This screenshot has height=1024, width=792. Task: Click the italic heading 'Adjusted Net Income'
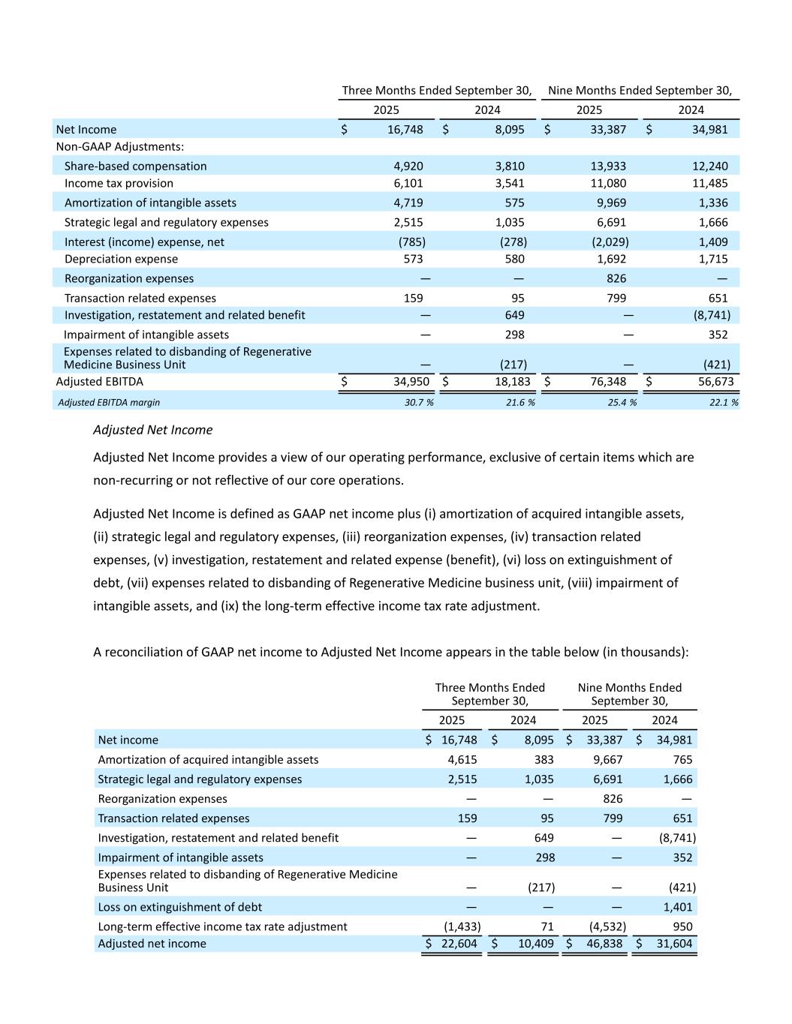point(152,430)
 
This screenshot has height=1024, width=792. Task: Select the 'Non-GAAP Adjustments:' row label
point(120,147)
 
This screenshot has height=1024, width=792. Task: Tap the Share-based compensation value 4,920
point(408,166)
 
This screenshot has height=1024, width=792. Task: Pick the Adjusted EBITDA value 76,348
point(611,382)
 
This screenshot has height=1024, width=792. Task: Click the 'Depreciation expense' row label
point(121,259)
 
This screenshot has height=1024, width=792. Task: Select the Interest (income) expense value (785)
point(411,242)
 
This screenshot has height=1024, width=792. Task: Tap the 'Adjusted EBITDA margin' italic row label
point(109,402)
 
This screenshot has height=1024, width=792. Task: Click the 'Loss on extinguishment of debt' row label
point(180,907)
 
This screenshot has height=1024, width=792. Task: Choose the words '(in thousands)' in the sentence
point(644,652)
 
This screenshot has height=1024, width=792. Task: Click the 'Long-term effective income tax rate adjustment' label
point(222,926)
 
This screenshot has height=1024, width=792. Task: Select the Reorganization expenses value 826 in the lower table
point(613,799)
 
